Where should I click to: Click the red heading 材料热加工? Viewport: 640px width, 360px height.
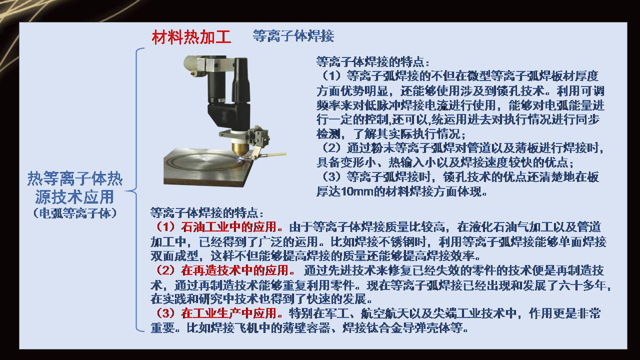191,37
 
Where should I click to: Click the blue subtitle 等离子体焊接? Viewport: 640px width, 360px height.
293,36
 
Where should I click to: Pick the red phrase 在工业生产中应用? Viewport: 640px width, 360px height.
228,314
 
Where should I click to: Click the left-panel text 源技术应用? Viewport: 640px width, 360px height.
74,196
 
